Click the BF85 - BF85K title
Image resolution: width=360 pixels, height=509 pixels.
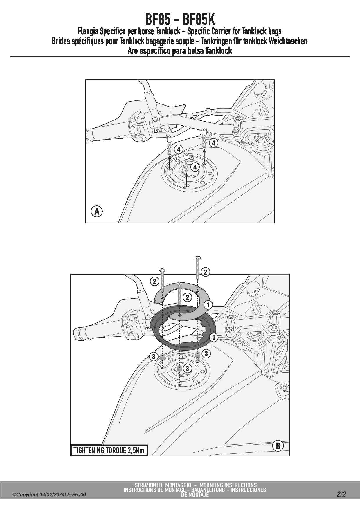coord(180,20)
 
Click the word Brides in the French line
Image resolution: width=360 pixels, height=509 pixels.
coord(61,41)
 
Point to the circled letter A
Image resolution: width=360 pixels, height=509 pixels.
coord(97,211)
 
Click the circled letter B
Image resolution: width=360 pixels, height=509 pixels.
coord(278,445)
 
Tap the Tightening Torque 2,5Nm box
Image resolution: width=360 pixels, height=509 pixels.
coord(109,450)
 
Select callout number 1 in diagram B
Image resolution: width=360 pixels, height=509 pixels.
coord(208,305)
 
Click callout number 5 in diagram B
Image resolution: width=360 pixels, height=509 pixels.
coord(214,337)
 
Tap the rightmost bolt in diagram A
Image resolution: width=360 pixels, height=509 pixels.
coord(204,138)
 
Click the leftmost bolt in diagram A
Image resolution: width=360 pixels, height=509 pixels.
coord(170,145)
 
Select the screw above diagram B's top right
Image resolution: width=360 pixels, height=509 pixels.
coord(198,267)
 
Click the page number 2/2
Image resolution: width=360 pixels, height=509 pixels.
coord(341,494)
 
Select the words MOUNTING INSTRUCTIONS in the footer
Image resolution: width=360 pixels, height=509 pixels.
coord(228,485)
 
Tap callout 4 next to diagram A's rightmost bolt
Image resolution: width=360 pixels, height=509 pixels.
coord(213,143)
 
